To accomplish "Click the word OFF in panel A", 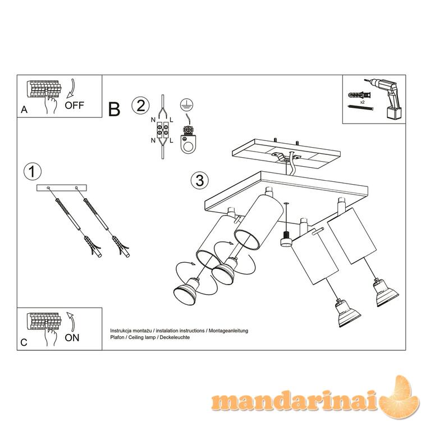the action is pos(74,105).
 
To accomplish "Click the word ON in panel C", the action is pos(72,337).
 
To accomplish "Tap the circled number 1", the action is pos(33,172).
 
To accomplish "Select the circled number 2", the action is pos(141,106).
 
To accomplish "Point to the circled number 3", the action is pos(200,180).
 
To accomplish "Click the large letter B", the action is pos(115,109).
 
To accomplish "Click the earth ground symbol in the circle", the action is pos(187,105).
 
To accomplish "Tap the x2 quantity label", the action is pos(362,102).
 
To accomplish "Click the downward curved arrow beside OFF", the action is pos(72,88).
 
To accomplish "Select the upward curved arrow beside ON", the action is pos(71,322).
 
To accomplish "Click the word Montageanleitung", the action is pos(228,331).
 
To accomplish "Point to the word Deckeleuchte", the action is pos(175,337).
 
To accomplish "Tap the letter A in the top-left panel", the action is pos(24,110).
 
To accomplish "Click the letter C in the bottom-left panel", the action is pos(24,342).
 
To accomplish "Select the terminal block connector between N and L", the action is pos(163,130).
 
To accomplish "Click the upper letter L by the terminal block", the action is pos(171,120).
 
